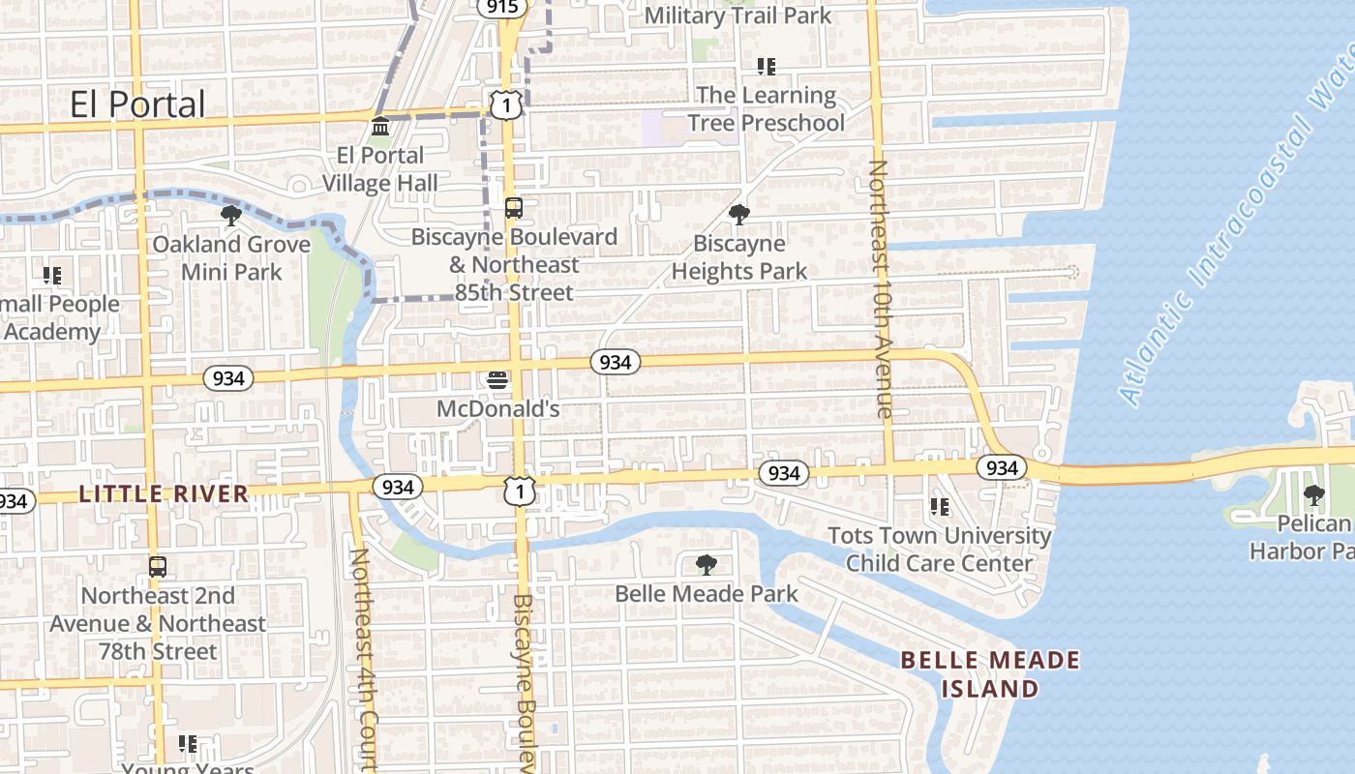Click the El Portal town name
137,104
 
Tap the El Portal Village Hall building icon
380,127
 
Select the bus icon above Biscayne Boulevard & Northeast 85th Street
513,208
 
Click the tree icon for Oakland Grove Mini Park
230,215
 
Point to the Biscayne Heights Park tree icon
738,215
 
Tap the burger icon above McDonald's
497,380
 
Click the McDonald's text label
497,409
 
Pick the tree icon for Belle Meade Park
707,564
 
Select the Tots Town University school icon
939,506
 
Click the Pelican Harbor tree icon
1313,495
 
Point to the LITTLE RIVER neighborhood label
164,494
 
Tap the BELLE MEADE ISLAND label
990,674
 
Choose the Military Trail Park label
738,15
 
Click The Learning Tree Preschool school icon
766,67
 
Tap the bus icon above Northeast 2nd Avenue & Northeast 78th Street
157,567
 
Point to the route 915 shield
502,7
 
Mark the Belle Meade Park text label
707,593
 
